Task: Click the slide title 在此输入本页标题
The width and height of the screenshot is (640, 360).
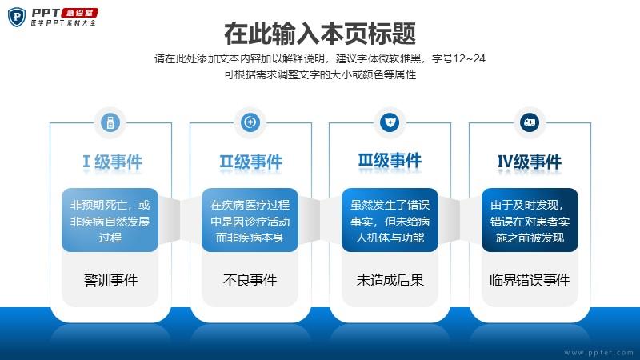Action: tap(320, 34)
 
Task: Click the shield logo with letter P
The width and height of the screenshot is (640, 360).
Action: tap(17, 17)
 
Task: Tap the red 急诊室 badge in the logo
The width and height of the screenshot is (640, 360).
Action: tap(79, 13)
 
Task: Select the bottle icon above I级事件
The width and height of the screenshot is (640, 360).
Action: tap(110, 122)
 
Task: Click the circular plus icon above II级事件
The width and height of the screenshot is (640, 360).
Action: tap(250, 122)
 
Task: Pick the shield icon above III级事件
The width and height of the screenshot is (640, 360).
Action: tap(390, 122)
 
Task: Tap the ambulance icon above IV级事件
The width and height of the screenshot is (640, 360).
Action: tap(530, 122)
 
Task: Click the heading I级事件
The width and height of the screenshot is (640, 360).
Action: tap(112, 162)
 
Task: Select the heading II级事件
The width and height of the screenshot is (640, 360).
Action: tap(250, 162)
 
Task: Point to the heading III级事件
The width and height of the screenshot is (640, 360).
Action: tap(390, 161)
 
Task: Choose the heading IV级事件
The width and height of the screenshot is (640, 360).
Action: tap(530, 162)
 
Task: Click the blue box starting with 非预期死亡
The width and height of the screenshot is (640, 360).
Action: tap(110, 220)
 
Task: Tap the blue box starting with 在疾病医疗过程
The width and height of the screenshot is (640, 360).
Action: tap(250, 220)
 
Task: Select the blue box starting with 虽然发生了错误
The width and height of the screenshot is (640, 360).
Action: tap(390, 220)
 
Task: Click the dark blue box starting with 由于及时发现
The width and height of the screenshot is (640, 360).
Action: tap(530, 220)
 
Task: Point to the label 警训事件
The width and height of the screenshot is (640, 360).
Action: tap(110, 280)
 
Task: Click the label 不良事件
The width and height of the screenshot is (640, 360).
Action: tap(250, 280)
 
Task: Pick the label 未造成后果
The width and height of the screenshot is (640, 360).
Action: tap(390, 280)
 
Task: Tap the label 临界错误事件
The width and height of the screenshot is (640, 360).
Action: tap(530, 280)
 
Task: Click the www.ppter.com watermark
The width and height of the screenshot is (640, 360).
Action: tap(598, 353)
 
